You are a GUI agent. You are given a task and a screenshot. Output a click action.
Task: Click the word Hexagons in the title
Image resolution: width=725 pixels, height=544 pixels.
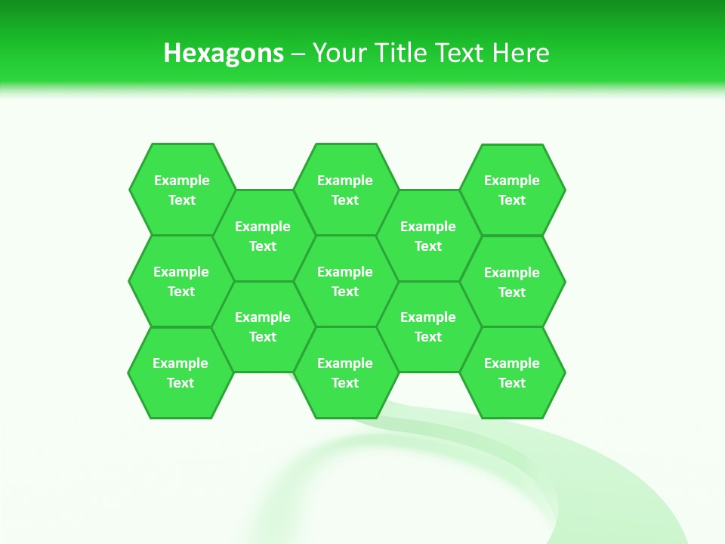[x=224, y=54]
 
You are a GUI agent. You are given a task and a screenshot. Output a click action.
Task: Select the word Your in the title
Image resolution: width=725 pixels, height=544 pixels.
[x=339, y=53]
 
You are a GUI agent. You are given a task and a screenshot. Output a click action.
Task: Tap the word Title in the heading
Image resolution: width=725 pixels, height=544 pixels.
[x=400, y=53]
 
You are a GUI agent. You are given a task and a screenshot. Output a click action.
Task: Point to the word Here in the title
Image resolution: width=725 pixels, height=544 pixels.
[x=520, y=53]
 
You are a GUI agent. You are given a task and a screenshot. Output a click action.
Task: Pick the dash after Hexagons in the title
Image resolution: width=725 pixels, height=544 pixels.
[x=298, y=54]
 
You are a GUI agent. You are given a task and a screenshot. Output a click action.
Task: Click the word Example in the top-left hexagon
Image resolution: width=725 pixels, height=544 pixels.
[x=181, y=181]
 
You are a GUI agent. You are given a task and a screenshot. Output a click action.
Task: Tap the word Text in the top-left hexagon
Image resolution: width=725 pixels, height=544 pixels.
[x=181, y=200]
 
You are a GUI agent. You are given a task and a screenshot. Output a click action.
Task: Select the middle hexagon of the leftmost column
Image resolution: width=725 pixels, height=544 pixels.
[x=181, y=281]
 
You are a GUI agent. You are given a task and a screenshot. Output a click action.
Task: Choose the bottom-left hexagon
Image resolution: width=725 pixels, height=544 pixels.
[x=180, y=372]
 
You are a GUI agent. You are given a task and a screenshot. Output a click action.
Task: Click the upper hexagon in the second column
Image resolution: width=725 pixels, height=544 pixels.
[x=263, y=236]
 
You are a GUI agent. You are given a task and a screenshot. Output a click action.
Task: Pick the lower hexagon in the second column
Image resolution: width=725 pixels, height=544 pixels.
[x=263, y=326]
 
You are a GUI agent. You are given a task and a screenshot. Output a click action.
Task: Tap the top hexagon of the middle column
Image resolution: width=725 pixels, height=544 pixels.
[x=345, y=190]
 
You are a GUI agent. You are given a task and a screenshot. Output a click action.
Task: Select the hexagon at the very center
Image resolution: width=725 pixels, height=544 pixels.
[x=345, y=281]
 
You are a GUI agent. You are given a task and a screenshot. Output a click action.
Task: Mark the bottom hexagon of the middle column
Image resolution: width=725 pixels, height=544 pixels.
[x=345, y=372]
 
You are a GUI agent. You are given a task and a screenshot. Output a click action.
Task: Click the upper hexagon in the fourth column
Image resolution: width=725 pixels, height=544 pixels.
[x=428, y=236]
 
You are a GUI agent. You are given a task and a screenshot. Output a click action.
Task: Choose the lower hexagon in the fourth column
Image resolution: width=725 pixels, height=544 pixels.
[x=428, y=326]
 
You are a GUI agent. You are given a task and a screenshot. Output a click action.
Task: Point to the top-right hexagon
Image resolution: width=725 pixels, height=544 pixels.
[x=512, y=190]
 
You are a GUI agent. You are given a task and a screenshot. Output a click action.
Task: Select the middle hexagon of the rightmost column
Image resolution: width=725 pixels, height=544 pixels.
[x=512, y=282]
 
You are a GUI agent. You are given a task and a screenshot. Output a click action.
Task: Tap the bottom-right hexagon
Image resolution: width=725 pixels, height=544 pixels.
[x=512, y=372]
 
